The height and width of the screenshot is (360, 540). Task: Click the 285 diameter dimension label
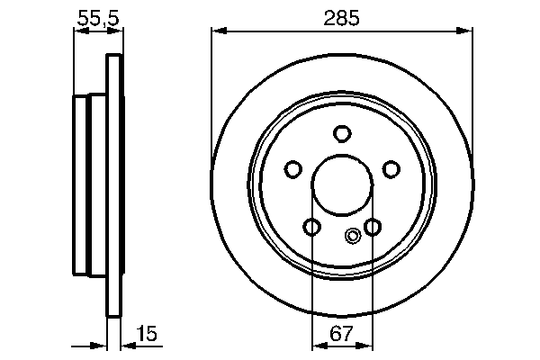[341, 16]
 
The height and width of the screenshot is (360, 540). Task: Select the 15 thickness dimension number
[148, 335]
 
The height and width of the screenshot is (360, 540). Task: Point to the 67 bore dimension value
[342, 335]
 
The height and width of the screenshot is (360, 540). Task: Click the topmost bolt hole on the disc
[342, 134]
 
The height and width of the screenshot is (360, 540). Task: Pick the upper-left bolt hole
[292, 168]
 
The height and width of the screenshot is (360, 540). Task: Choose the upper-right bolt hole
[391, 168]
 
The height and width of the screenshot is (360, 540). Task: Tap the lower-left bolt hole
[311, 226]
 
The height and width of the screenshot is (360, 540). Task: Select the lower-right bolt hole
[373, 226]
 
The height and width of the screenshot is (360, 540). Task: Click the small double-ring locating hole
[353, 238]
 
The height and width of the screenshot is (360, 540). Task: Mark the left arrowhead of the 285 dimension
[217, 31]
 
